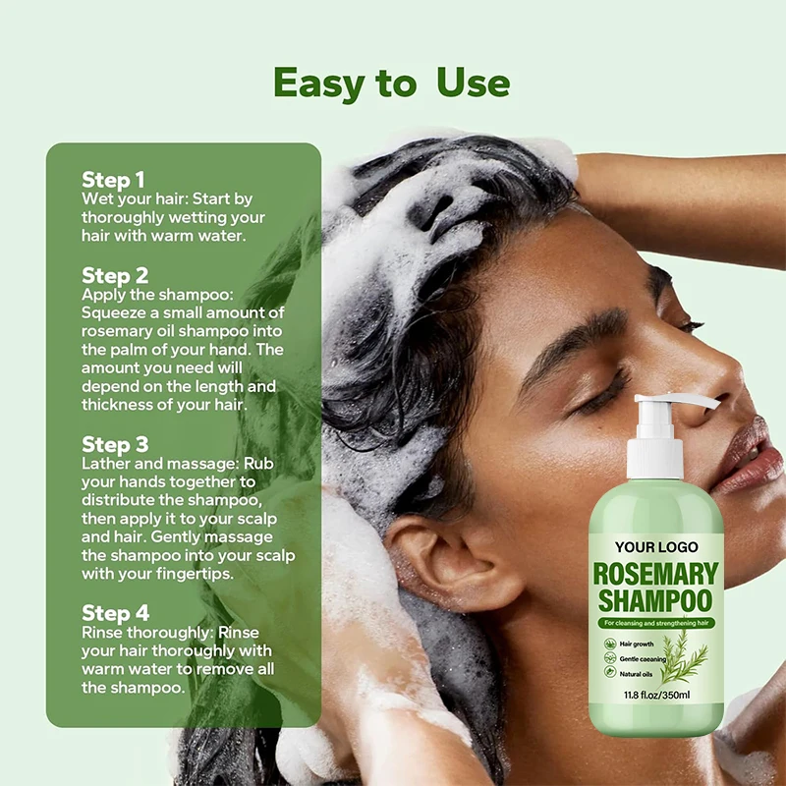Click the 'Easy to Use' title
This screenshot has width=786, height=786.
pos(391,84)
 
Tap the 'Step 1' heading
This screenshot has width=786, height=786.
pos(113,180)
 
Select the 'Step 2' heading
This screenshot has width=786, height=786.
pos(115,275)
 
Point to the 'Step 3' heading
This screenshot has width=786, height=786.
pos(115,444)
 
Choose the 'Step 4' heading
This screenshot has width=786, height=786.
pos(115,614)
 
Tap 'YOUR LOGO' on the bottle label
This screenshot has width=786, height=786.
pos(656,547)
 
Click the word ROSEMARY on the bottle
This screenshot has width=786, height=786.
pos(656,574)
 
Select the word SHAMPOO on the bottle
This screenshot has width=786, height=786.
pos(656,600)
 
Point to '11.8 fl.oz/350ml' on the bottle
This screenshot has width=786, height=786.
pos(656,695)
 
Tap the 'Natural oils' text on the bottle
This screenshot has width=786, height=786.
pos(638,674)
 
